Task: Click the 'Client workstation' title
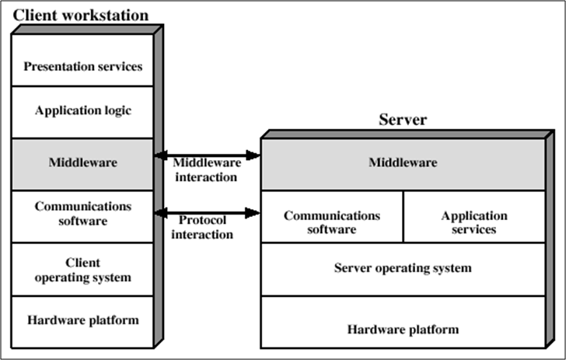[81, 15]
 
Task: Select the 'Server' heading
[403, 120]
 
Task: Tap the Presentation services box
[82, 66]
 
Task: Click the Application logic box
[82, 110]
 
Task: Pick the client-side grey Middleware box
[82, 163]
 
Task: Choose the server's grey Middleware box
[403, 163]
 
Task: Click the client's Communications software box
[82, 214]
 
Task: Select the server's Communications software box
[331, 222]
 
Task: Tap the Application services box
[473, 222]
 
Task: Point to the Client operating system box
[82, 270]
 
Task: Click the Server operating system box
[403, 268]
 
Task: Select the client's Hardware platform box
[82, 320]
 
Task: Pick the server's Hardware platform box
[403, 329]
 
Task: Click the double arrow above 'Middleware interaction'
[207, 156]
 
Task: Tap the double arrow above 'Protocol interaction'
[207, 212]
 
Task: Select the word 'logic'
[114, 110]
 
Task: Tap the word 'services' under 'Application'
[473, 229]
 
